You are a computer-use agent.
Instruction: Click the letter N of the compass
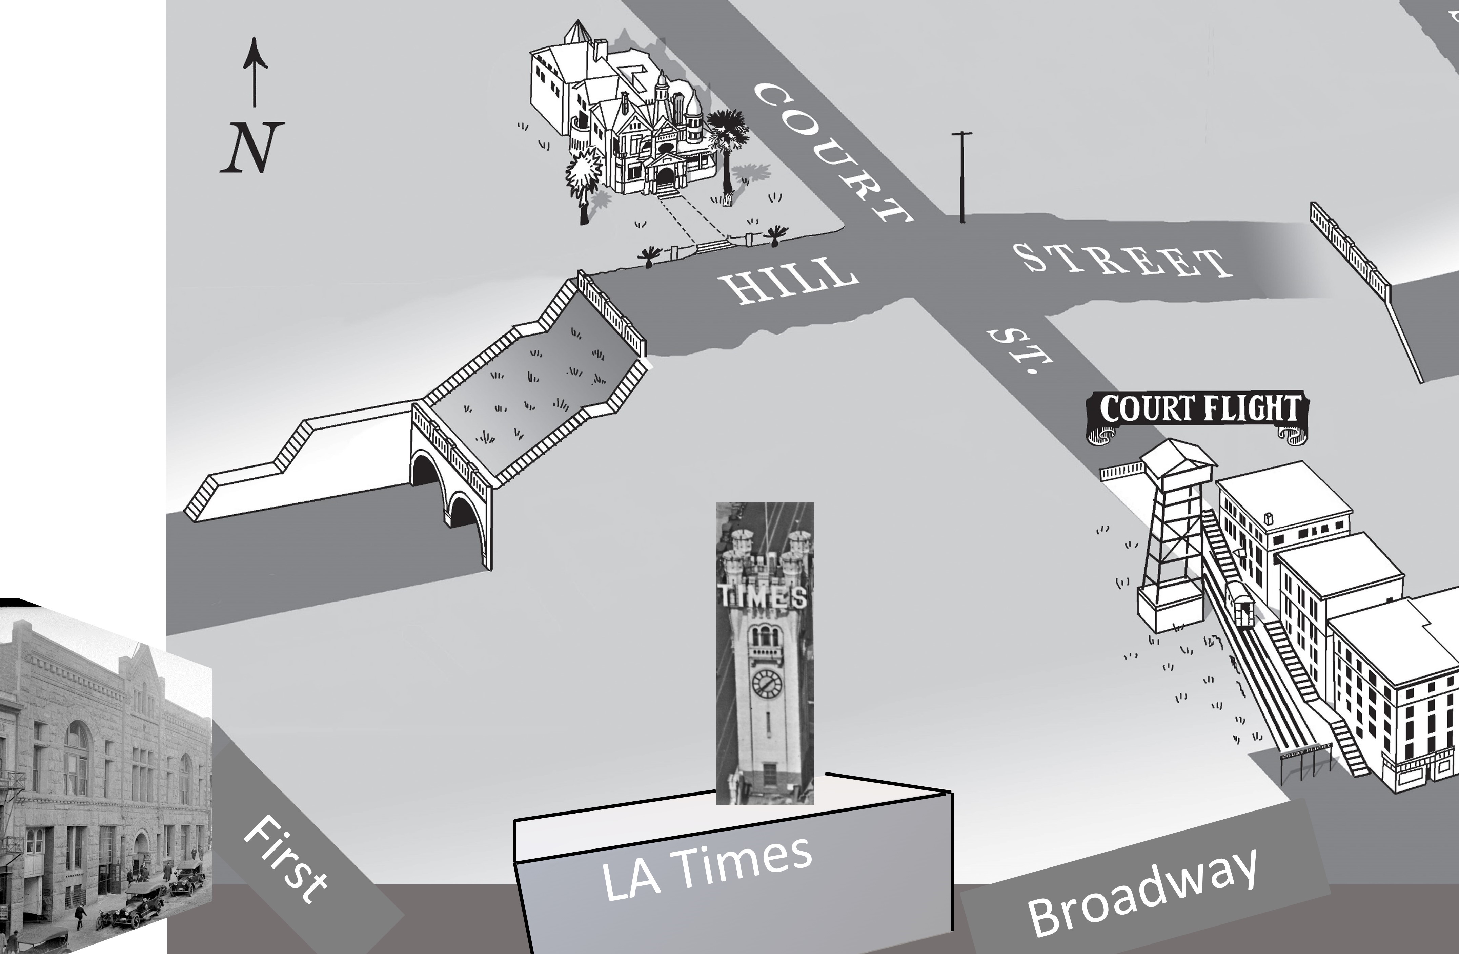pos(252,147)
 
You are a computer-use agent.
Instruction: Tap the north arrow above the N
pos(255,71)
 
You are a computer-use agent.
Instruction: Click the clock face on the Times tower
pos(767,683)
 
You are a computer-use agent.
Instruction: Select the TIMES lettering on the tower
pos(762,596)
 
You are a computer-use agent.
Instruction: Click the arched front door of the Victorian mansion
pos(665,179)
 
